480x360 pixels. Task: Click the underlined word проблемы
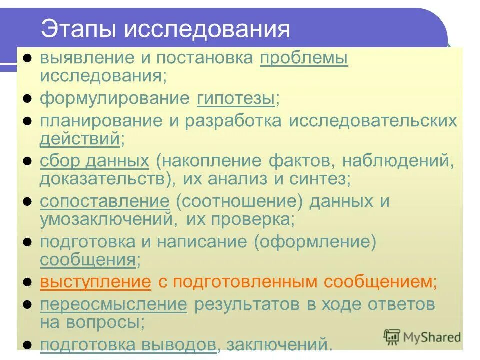point(304,59)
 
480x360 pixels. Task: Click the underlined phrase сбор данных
point(94,161)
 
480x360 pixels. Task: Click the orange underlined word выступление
point(95,282)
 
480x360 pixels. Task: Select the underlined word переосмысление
point(113,304)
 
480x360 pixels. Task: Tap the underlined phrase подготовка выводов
point(128,344)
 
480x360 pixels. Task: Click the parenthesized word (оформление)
point(314,242)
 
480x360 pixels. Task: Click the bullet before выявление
point(28,59)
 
